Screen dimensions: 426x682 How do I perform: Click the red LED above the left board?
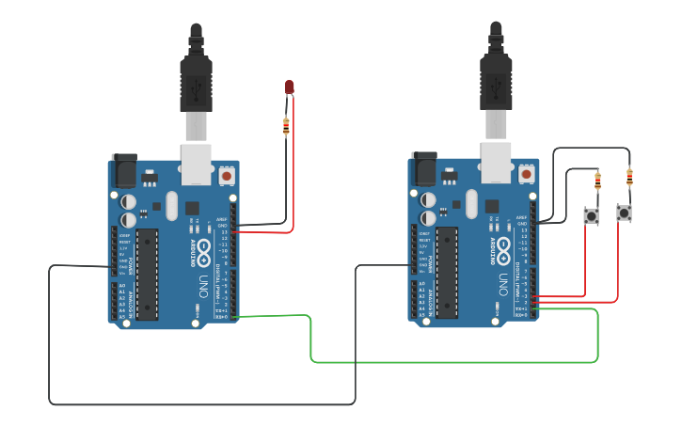click(x=290, y=87)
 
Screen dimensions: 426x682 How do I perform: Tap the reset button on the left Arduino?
click(x=227, y=175)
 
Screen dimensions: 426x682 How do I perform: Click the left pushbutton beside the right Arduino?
click(x=591, y=215)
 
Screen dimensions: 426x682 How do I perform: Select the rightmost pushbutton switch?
click(x=624, y=213)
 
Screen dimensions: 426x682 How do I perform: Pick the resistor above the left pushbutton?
click(x=597, y=181)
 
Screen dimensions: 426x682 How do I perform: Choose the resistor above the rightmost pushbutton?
click(x=629, y=177)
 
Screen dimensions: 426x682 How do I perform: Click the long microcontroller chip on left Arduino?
click(x=147, y=273)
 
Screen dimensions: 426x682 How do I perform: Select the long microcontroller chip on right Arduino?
click(x=447, y=273)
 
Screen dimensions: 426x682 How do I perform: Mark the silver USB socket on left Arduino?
click(x=197, y=164)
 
